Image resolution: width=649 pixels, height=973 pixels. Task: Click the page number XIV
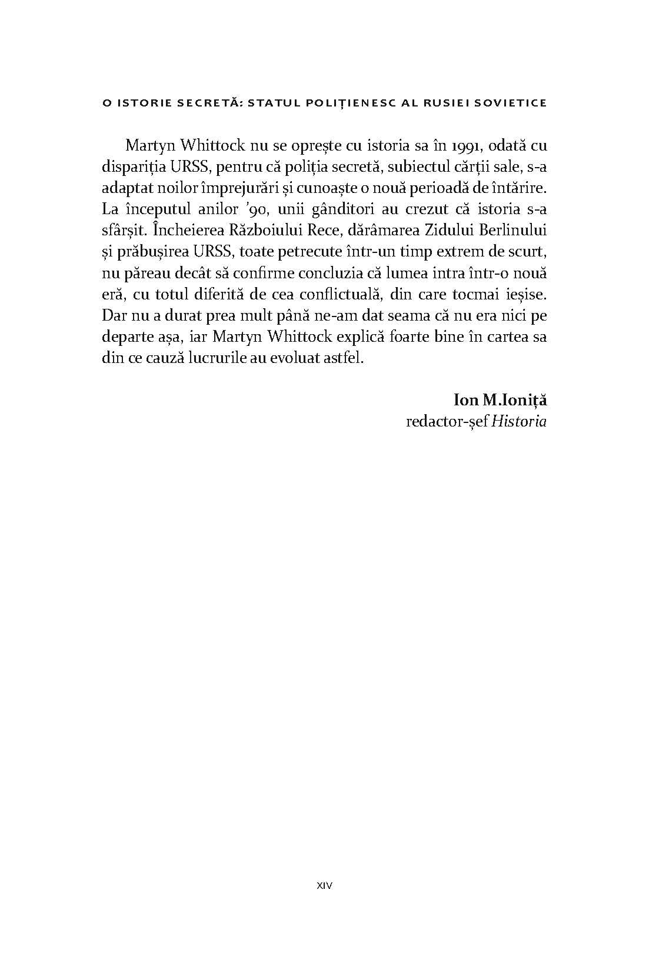pyautogui.click(x=324, y=885)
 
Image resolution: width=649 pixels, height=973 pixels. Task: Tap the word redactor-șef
pyautogui.click(x=447, y=422)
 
